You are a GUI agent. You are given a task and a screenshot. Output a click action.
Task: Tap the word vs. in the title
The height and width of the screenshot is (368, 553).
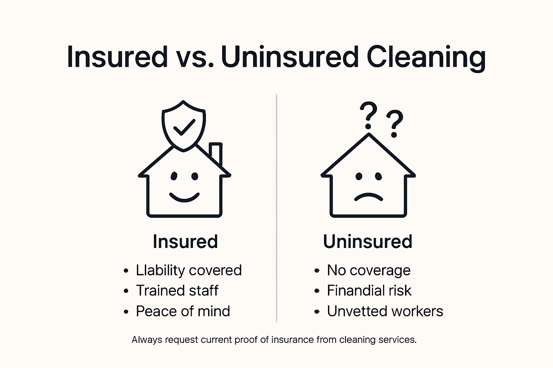point(195,57)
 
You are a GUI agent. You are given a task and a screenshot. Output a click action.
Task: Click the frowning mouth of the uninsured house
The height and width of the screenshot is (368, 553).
point(368,197)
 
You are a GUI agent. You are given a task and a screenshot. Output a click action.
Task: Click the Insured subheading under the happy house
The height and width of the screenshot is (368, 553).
point(185,241)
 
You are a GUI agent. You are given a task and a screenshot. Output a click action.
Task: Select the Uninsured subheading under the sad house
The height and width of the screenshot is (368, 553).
point(368,241)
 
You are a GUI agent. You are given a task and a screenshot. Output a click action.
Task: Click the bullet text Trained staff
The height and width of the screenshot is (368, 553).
point(177,291)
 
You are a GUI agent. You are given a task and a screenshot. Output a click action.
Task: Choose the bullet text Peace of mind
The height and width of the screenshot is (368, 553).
point(183,311)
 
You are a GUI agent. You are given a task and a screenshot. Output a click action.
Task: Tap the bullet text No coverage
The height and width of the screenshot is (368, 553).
point(368,270)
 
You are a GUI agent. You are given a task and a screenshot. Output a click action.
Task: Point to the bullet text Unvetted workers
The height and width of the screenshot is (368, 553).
point(385,311)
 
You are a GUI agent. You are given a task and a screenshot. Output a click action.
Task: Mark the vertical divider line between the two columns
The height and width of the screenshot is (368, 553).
point(276,208)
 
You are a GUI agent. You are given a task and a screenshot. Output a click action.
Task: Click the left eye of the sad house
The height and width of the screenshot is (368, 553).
point(359,176)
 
